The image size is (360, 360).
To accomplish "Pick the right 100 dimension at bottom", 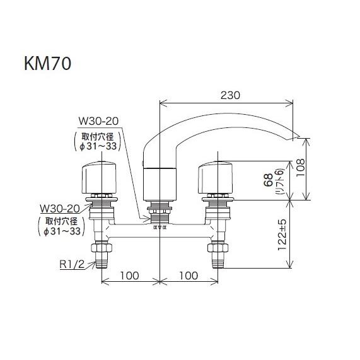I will pyautogui.click(x=189, y=276).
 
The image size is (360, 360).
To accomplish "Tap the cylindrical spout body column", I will pyautogui.click(x=158, y=183).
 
